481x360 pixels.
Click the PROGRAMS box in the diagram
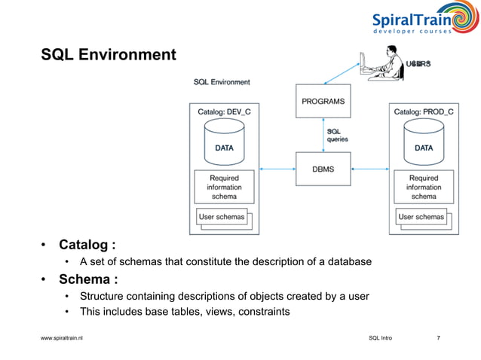pos(323,101)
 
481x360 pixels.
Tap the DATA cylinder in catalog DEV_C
pos(224,143)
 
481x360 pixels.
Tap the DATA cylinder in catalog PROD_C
pos(424,143)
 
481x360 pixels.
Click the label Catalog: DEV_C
pos(224,111)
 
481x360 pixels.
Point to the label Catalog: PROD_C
pos(424,111)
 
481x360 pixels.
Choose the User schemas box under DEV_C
pos(222,217)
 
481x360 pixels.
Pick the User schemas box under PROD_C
pos(421,217)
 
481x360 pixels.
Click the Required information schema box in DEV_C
pos(224,187)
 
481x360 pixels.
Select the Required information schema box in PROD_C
pos(424,187)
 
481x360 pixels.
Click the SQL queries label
pos(337,135)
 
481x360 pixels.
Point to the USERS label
pos(419,64)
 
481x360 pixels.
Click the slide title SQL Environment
pos(109,55)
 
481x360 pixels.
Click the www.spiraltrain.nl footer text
pos(62,338)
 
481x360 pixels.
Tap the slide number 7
pos(439,338)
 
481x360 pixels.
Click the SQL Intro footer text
pos(380,338)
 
